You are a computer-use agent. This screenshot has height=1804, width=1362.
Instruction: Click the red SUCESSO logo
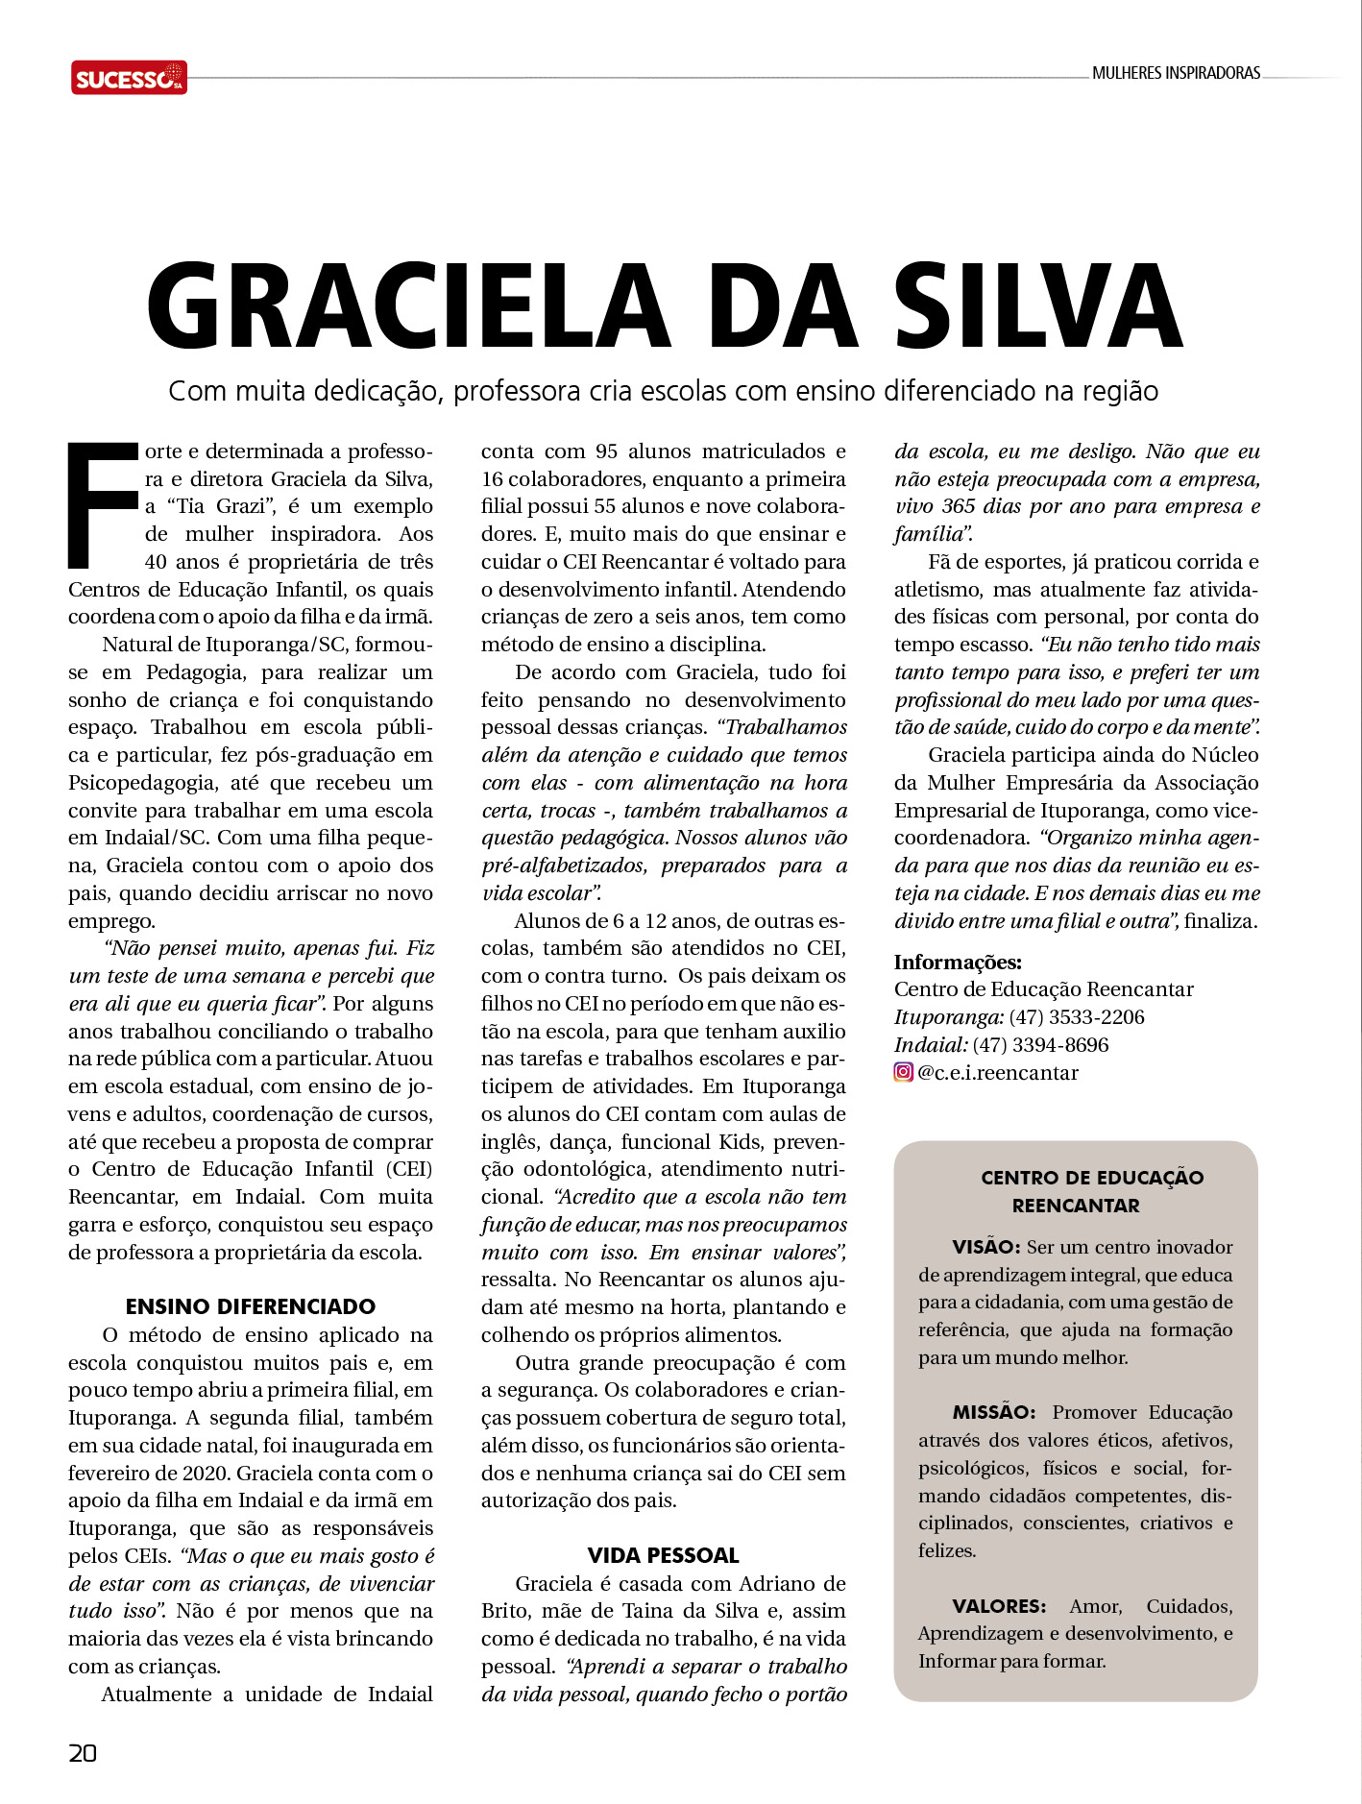[x=129, y=78]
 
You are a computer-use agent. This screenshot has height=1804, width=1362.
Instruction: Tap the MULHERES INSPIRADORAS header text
[x=1176, y=73]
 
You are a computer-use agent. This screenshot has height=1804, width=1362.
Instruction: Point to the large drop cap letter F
[x=102, y=504]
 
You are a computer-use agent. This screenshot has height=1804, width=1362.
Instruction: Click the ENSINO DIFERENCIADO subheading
[x=251, y=1306]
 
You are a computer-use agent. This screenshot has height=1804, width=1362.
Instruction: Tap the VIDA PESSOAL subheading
[x=663, y=1555]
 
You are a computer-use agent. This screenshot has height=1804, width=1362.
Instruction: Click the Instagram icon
[x=903, y=1072]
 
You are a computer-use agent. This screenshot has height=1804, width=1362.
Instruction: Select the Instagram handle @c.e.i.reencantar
[x=998, y=1073]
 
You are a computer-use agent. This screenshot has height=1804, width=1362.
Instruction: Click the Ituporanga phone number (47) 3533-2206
[x=1077, y=1017]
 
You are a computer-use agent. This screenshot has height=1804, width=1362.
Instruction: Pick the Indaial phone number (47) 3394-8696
[x=1040, y=1045]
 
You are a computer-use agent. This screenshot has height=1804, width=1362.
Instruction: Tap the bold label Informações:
[x=958, y=963]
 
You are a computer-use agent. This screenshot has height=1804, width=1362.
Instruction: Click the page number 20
[x=83, y=1753]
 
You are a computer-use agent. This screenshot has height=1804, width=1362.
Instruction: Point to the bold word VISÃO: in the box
[x=985, y=1248]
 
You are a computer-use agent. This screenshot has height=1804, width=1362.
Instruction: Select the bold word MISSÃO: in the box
[x=993, y=1413]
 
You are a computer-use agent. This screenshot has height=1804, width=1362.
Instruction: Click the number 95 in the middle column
[x=606, y=451]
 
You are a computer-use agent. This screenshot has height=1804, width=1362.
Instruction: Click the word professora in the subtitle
[x=517, y=392]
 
